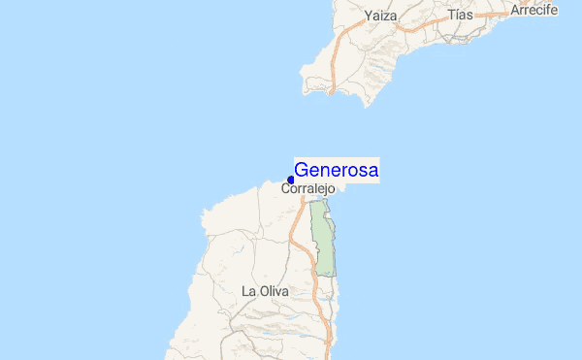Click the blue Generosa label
click(336, 170)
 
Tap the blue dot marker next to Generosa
click(291, 180)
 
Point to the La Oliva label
click(264, 290)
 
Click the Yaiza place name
click(382, 16)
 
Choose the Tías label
click(461, 16)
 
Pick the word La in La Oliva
click(248, 290)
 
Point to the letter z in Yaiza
click(388, 16)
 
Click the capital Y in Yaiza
click(370, 16)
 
